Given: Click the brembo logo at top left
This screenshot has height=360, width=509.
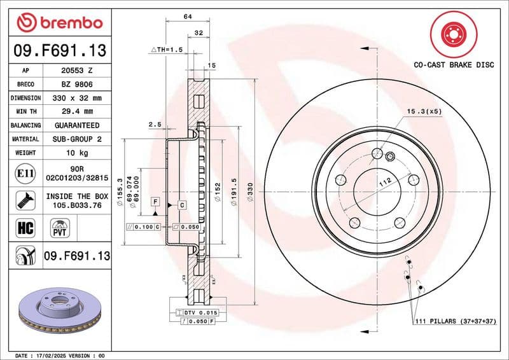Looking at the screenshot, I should coord(60,24).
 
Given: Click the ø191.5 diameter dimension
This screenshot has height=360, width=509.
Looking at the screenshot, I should coord(233,191).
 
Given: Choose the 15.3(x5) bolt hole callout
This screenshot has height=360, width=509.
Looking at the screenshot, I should coord(424,111).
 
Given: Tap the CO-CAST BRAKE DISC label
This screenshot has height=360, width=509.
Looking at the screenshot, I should coord(453,65).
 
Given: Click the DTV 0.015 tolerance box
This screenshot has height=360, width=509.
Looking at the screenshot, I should coord(202,313).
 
